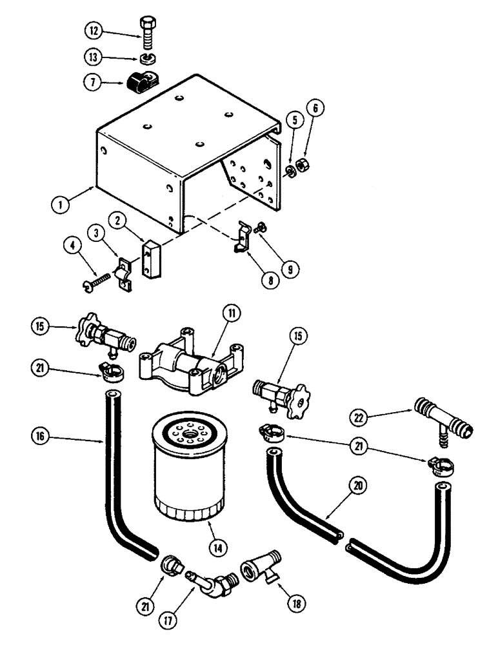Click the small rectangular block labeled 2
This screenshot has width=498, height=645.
(x=151, y=255)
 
